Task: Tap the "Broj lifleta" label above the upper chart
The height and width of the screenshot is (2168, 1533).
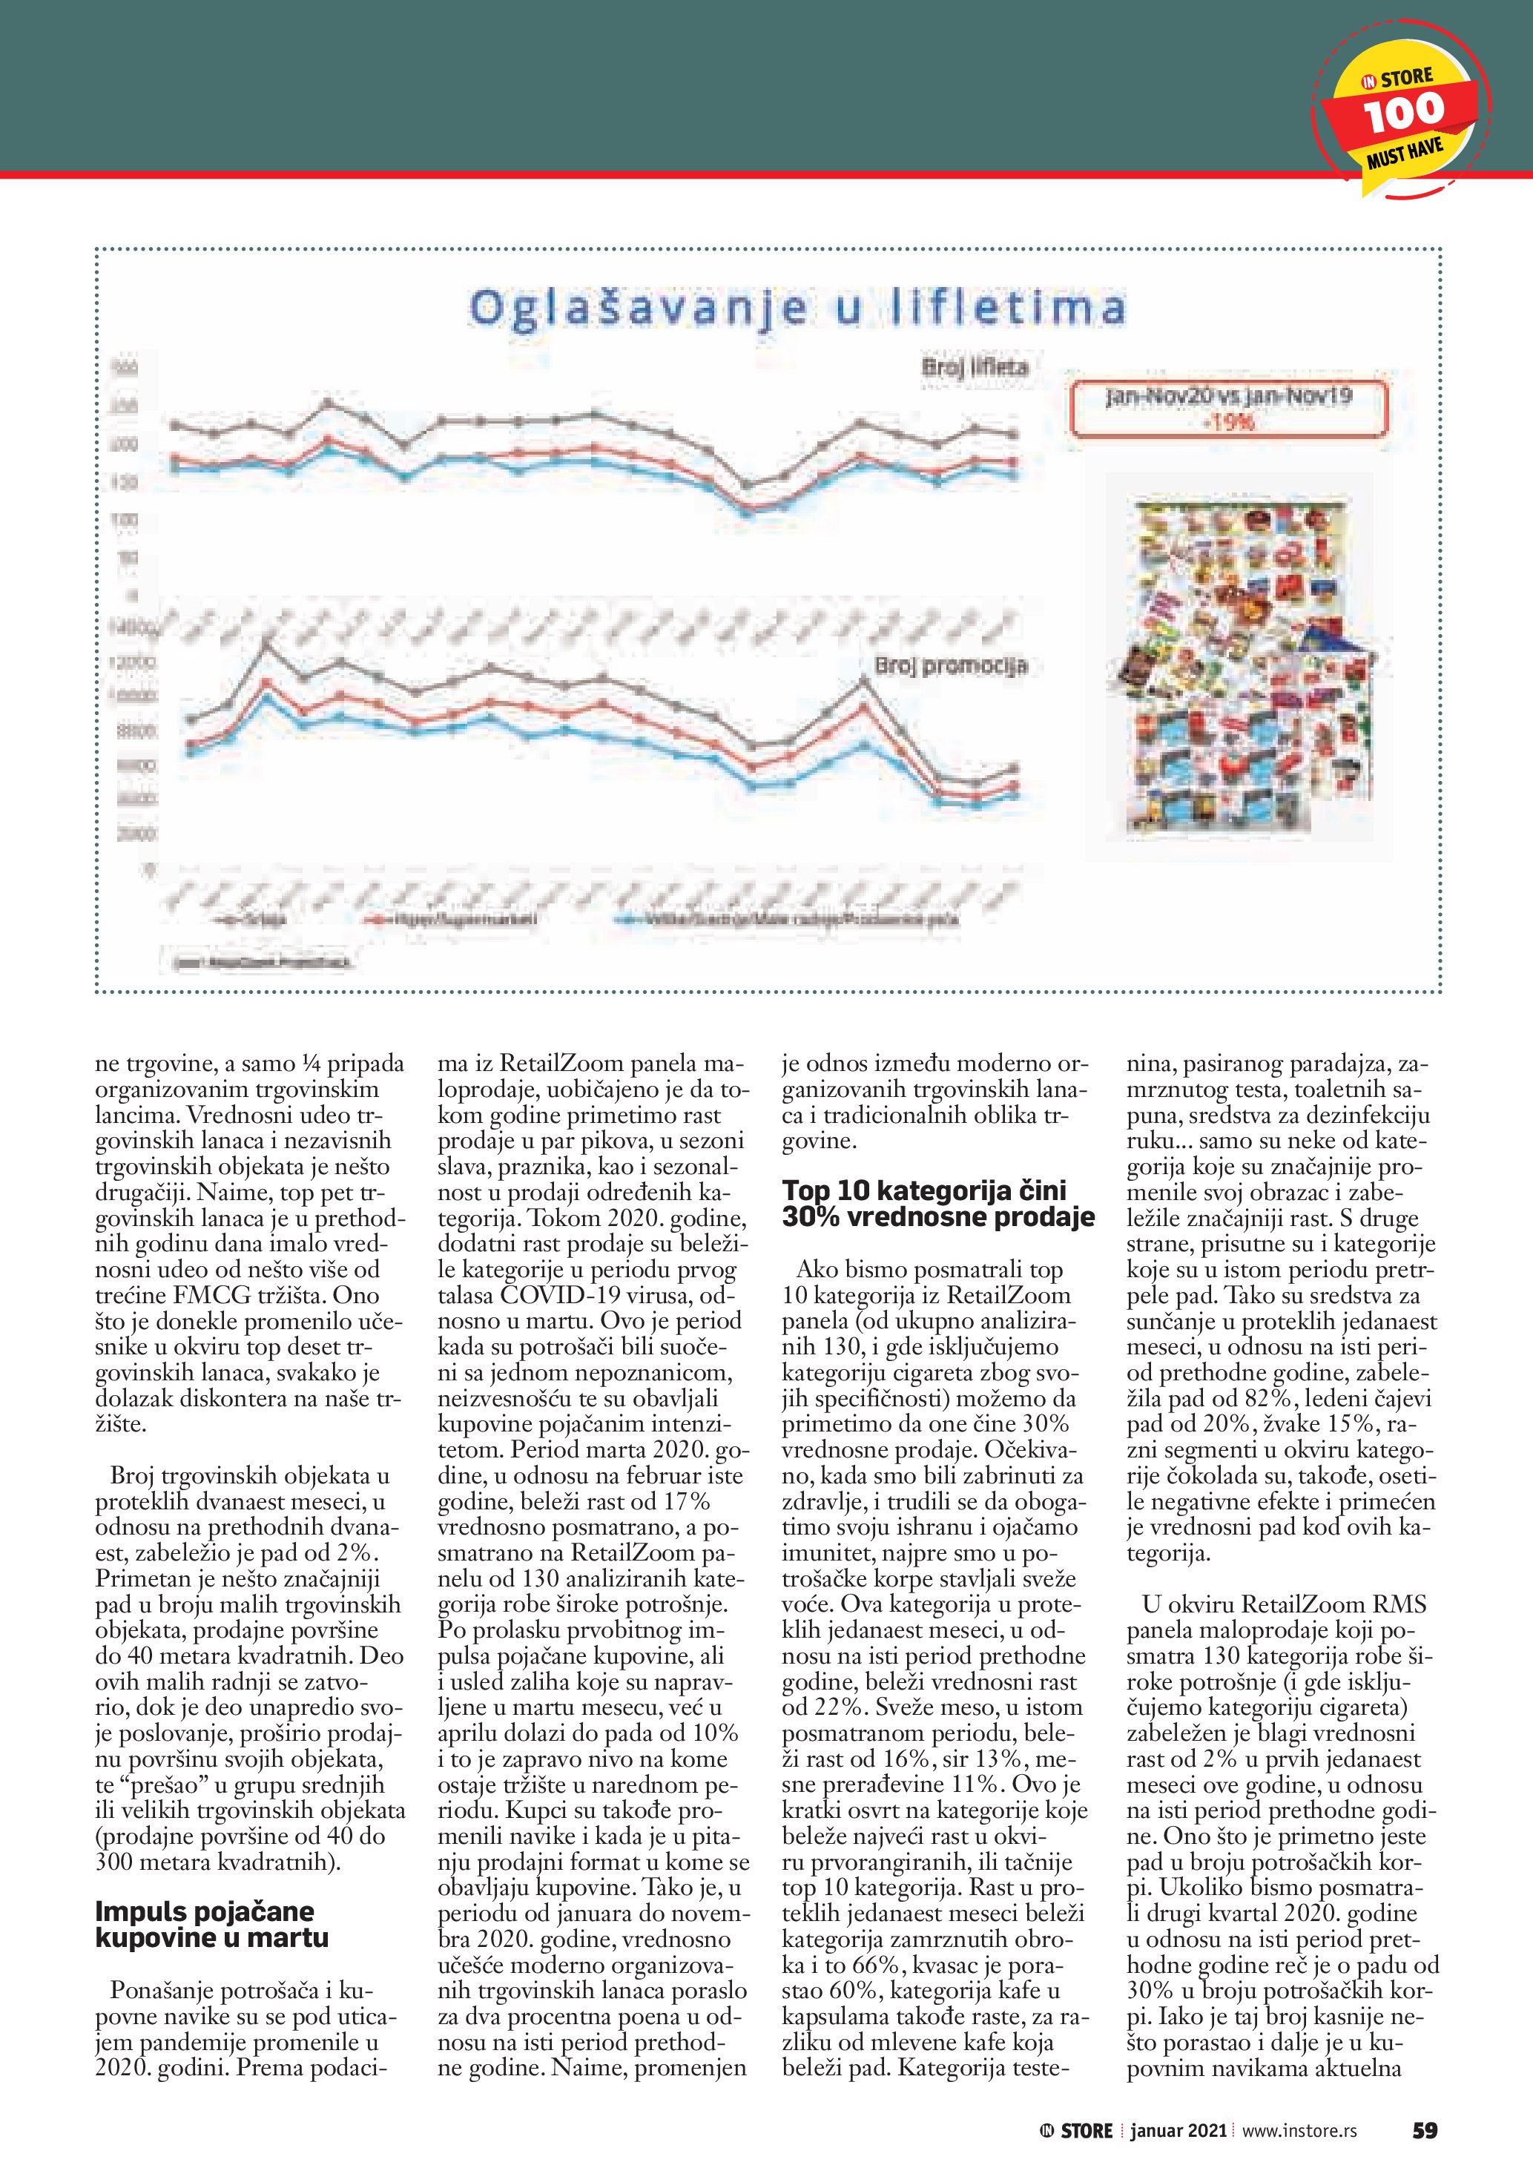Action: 975,366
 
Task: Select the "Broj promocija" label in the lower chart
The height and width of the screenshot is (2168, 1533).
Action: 949,666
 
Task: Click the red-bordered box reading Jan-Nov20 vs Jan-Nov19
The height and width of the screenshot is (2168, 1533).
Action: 1228,408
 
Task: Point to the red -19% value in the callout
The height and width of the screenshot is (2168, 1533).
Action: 1228,423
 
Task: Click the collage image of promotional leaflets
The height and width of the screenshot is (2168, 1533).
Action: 1242,671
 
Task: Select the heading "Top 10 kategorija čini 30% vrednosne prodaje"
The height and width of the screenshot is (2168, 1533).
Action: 937,1203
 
